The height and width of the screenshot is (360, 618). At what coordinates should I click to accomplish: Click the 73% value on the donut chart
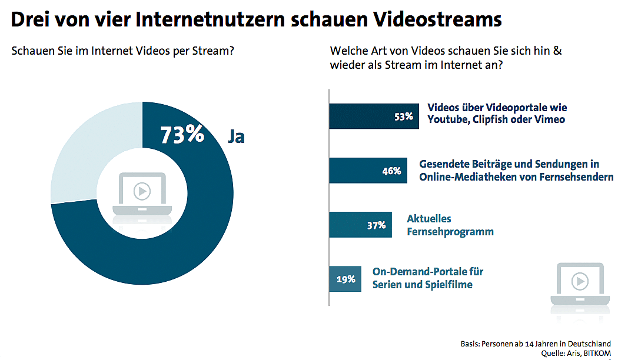pyautogui.click(x=182, y=135)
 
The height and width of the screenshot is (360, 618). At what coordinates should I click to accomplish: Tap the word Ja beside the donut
pyautogui.click(x=236, y=136)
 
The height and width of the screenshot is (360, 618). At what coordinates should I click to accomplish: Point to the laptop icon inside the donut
pyautogui.click(x=142, y=194)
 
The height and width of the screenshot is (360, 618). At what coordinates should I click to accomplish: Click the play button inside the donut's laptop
pyautogui.click(x=142, y=191)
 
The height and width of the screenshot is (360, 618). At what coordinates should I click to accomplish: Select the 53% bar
pyautogui.click(x=373, y=116)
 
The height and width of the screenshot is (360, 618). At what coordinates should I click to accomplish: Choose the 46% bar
pyautogui.click(x=367, y=171)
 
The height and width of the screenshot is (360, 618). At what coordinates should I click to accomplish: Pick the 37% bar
pyautogui.click(x=360, y=225)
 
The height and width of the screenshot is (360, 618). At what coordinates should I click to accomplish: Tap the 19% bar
pyautogui.click(x=345, y=279)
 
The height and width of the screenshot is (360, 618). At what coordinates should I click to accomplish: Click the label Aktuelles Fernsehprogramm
pyautogui.click(x=450, y=225)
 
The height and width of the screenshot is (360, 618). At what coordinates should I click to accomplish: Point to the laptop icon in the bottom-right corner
pyautogui.click(x=580, y=286)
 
